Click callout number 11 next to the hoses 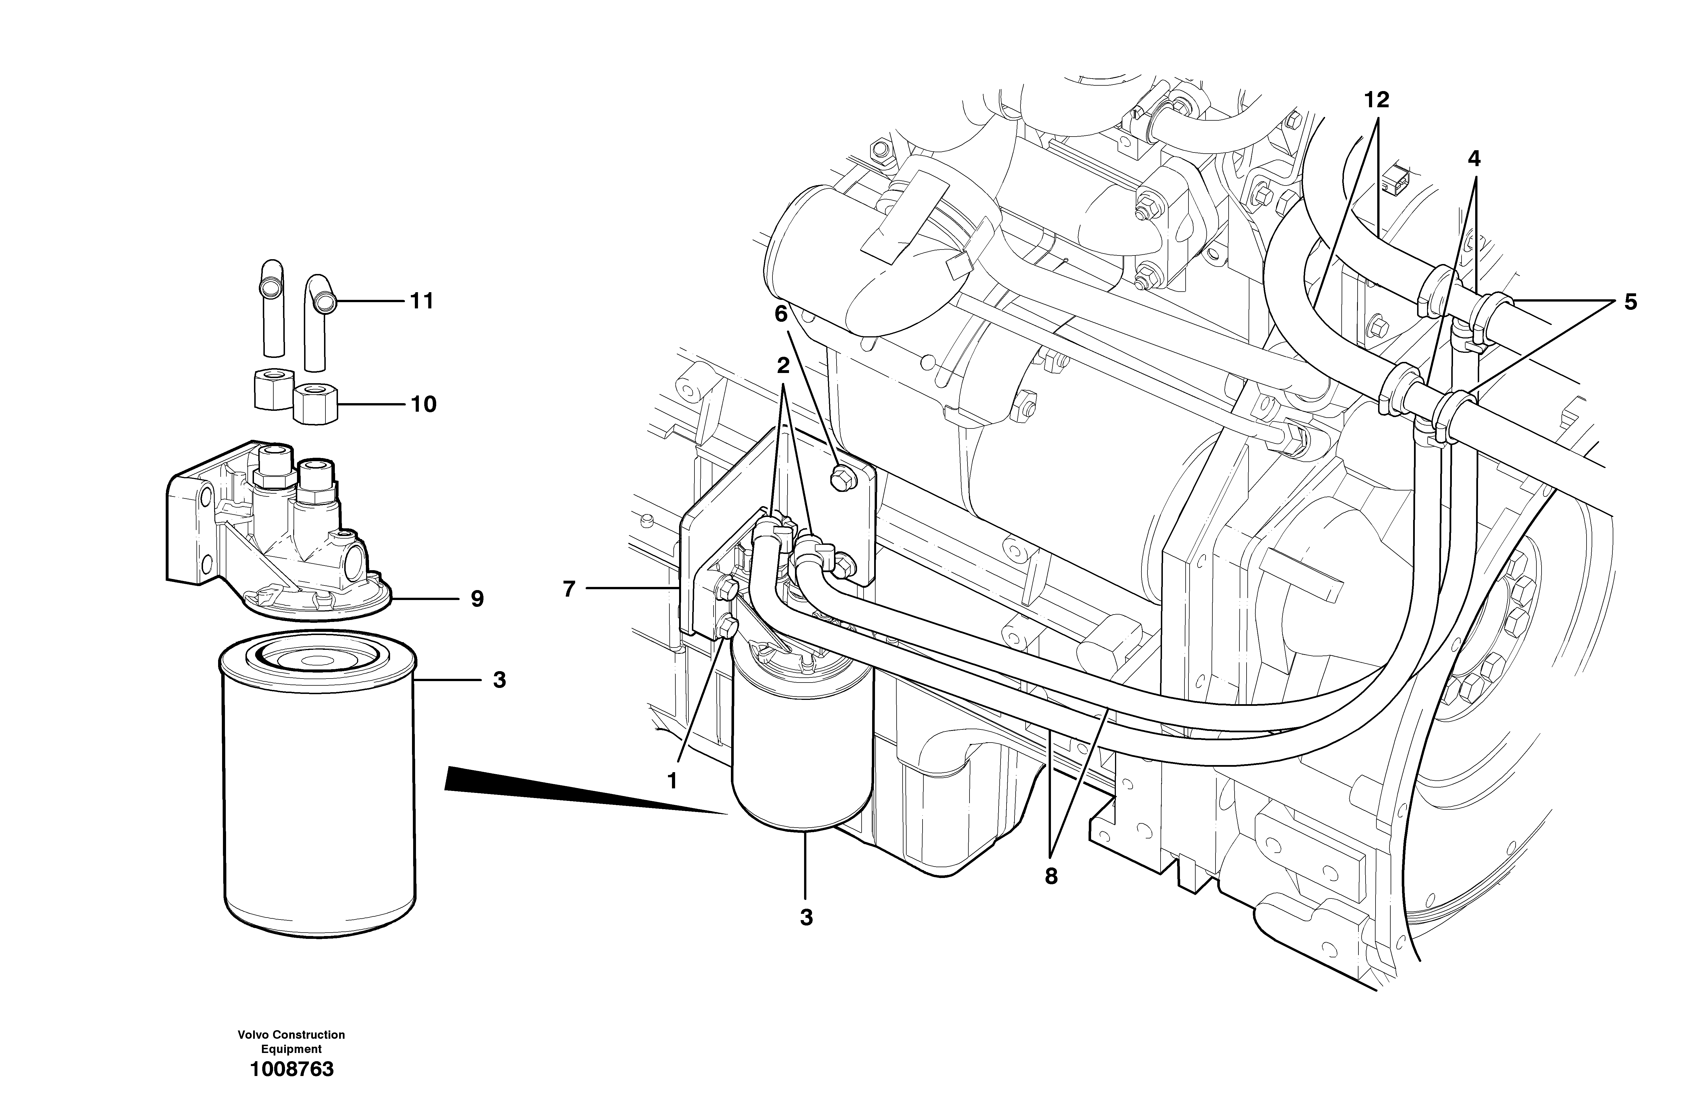[x=422, y=302]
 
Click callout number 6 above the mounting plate [x=781, y=314]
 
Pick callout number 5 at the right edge [x=1630, y=302]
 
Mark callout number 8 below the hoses [x=1051, y=877]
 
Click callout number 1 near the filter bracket [x=671, y=781]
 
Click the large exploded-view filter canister [x=318, y=783]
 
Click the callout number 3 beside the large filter [x=499, y=681]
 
